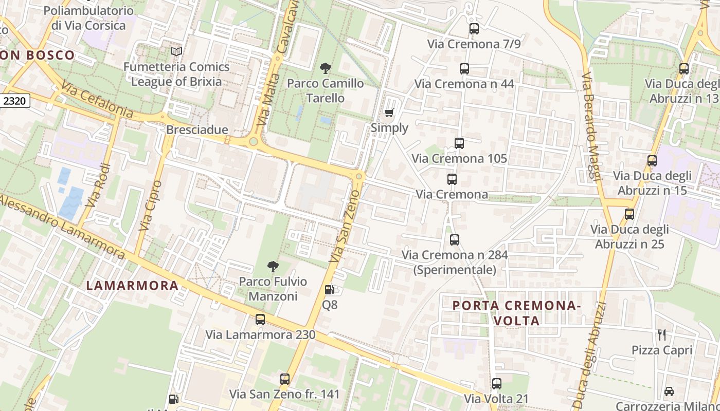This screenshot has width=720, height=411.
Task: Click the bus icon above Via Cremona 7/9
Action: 474,29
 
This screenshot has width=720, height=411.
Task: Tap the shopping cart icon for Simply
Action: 389,113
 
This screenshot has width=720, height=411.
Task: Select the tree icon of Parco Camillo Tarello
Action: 325,68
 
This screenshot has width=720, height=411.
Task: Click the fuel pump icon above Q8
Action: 330,290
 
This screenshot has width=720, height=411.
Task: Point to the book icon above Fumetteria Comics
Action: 176,51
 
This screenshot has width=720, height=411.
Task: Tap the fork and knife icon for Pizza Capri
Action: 662,335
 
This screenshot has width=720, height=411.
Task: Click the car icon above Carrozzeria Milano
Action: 669,391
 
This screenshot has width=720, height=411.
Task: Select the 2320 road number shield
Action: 14,101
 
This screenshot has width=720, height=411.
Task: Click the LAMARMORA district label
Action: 132,286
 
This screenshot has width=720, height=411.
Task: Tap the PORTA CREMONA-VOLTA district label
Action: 516,313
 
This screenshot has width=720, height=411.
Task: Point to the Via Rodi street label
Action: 98,185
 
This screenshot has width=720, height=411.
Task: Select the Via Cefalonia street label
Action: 97,100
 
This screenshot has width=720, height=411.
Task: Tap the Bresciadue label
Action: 197,130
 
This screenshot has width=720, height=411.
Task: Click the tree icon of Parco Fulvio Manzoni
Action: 273,266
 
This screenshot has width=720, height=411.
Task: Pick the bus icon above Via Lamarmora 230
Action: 260,320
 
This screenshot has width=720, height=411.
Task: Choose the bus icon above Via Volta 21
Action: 497,384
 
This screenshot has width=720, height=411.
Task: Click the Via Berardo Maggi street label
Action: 591,126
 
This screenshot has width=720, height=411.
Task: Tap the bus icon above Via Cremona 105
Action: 459,143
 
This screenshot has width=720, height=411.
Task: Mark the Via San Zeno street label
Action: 344,226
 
